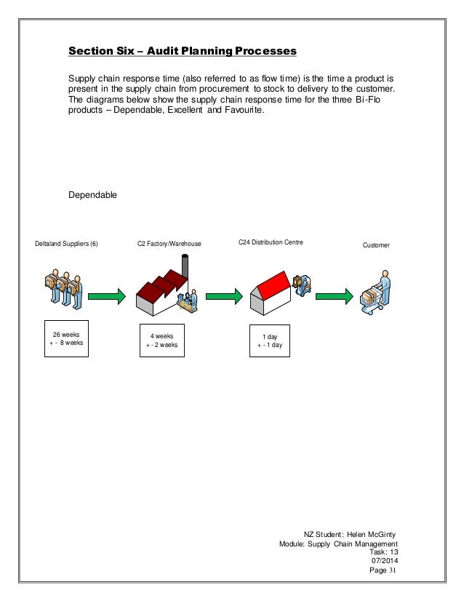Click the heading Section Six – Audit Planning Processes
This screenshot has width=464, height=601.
[182, 52]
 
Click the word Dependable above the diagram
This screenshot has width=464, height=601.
[92, 195]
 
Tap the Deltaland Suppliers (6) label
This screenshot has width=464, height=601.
[66, 245]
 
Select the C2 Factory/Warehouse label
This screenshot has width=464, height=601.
[169, 245]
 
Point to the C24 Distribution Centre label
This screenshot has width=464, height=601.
[271, 241]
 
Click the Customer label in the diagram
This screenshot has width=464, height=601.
[376, 246]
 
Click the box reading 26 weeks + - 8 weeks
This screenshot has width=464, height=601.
[65, 338]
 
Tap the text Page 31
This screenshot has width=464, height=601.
[384, 570]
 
